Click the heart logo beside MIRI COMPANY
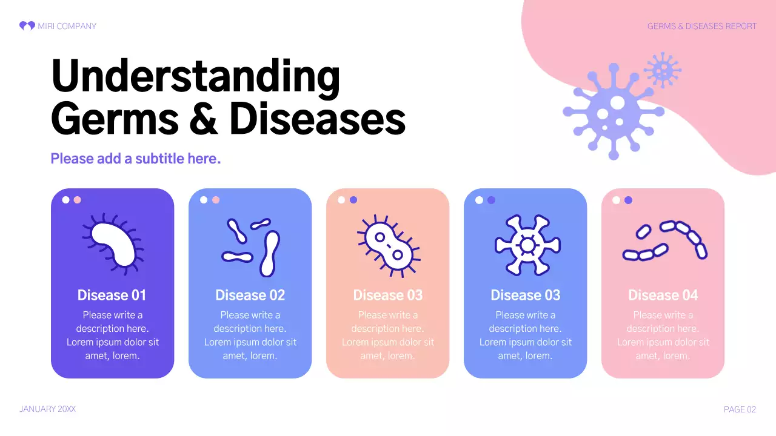point(27,26)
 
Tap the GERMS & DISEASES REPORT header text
point(701,26)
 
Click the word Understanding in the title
point(195,77)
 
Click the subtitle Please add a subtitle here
point(135,159)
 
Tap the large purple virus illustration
point(614,111)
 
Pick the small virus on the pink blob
point(662,70)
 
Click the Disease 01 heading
point(112,296)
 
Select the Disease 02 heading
point(250,296)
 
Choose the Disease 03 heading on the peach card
point(387,296)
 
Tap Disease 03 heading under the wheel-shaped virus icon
point(525,296)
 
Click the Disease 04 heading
point(663,296)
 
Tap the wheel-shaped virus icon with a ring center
point(527,245)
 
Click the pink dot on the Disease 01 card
point(77,200)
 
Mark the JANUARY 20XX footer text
point(47,409)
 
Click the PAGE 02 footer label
point(740,410)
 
